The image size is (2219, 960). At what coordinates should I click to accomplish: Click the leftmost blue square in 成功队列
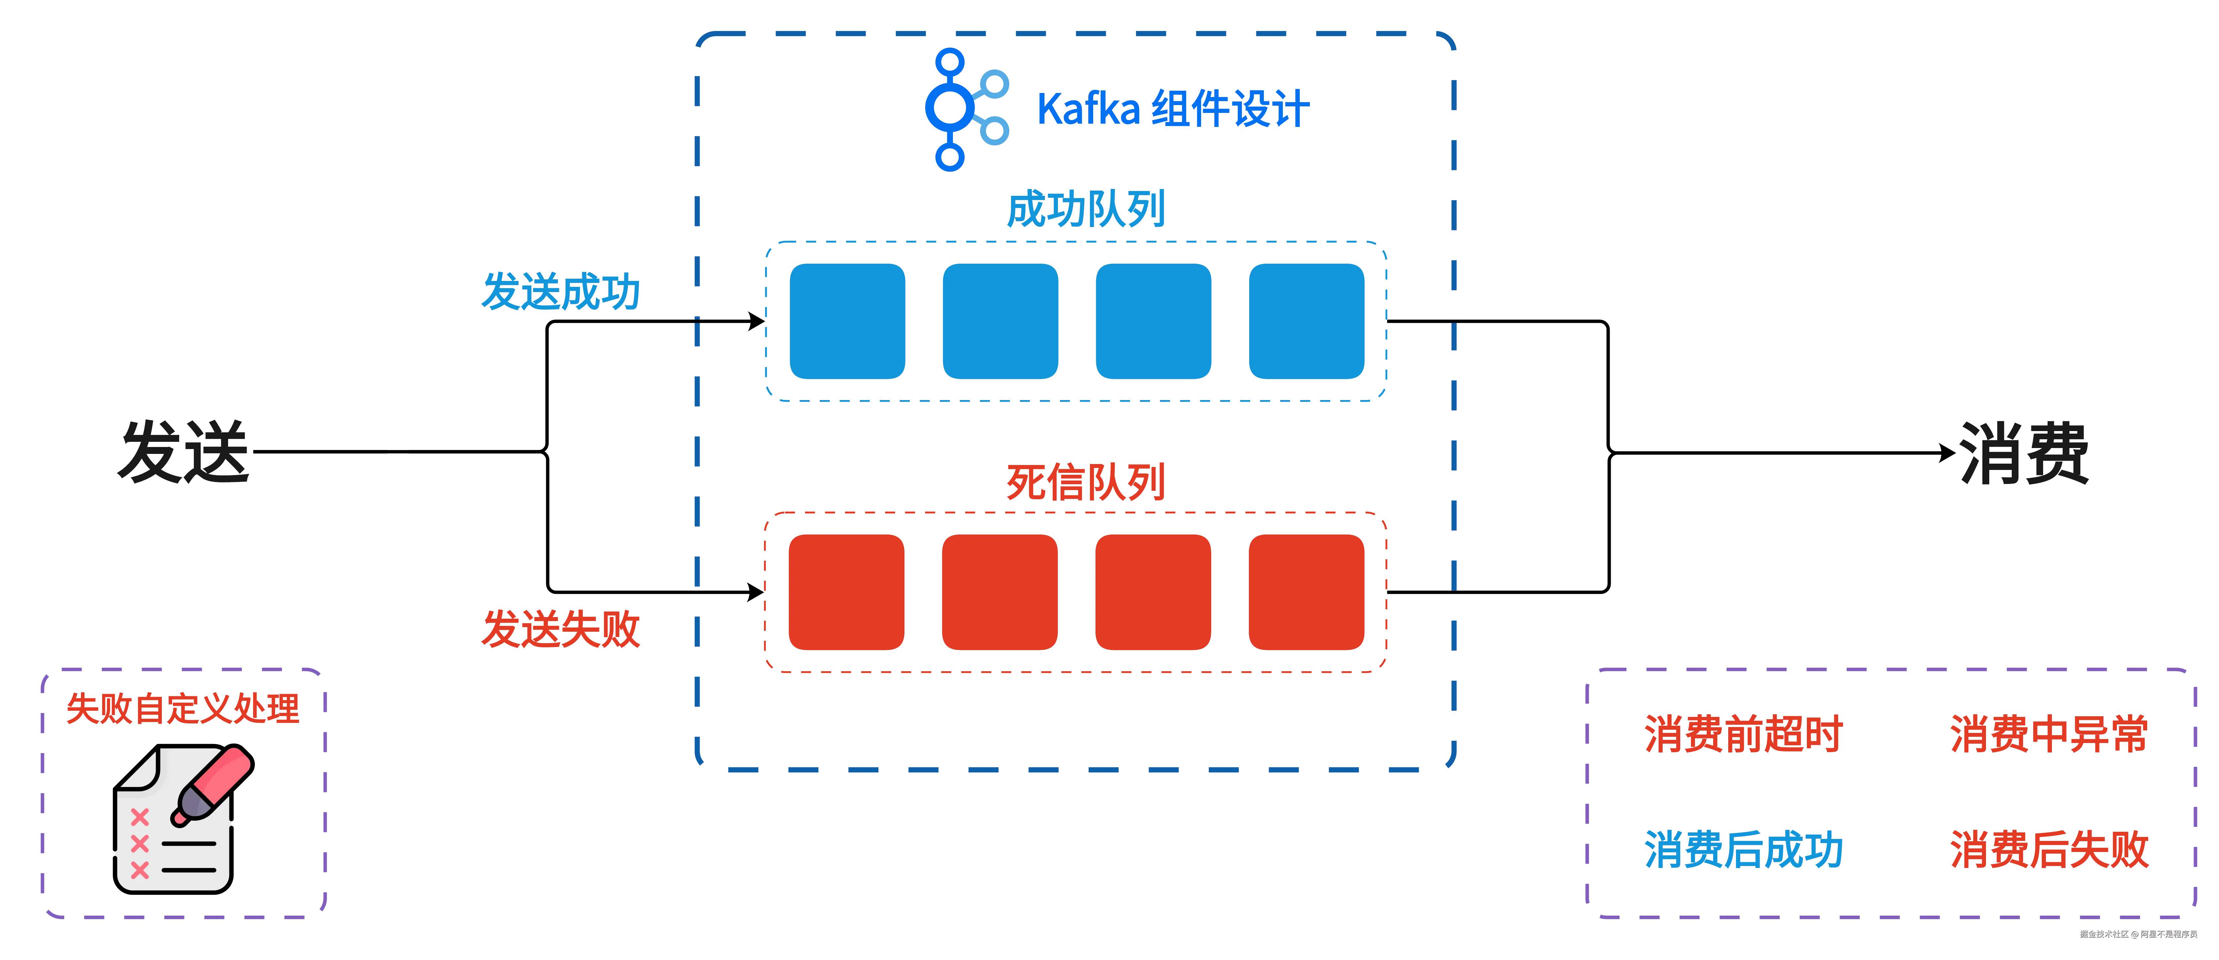(847, 321)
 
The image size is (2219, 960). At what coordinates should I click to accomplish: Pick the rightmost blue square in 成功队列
(1306, 321)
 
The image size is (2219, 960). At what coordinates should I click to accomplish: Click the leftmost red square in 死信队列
(847, 592)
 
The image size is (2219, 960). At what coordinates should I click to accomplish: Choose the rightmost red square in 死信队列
(1306, 592)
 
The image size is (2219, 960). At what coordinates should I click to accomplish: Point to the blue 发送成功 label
(561, 291)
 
